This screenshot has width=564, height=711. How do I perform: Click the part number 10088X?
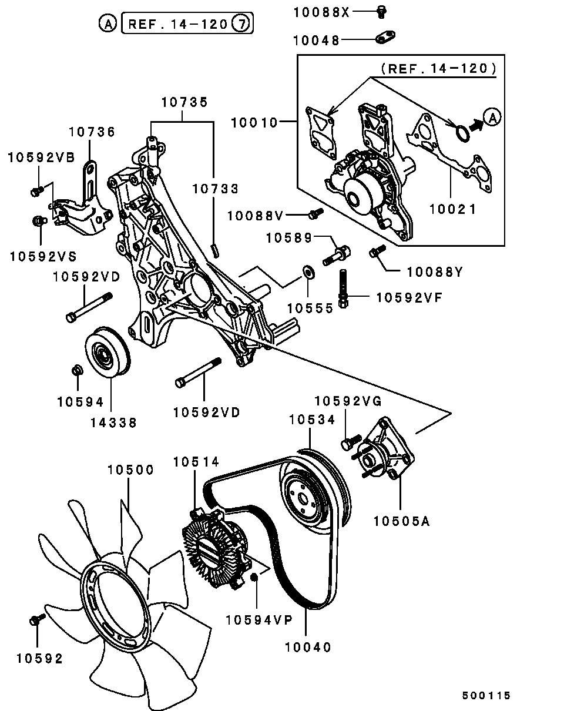coord(321,13)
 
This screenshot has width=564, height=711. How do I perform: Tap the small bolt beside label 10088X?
coord(382,12)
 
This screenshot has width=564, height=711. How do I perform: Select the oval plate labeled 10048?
coord(385,37)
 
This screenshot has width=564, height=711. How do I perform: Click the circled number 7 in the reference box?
coord(242,24)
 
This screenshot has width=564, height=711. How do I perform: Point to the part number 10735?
coord(184,102)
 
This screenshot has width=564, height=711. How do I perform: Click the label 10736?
coord(92,132)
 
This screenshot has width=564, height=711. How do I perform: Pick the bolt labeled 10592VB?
coord(37,191)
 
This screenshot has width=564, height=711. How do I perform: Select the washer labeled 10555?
coord(309,271)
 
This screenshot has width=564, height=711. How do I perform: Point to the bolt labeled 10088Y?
coord(377,251)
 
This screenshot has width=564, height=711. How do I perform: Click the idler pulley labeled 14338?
coord(108,351)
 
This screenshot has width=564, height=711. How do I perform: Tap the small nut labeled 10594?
coord(78,370)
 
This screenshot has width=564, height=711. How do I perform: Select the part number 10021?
coord(452,209)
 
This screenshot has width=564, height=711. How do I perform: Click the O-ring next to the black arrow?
coord(462,133)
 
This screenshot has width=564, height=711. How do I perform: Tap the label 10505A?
coord(401,521)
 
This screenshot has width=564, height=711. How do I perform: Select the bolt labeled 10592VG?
coord(351,441)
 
